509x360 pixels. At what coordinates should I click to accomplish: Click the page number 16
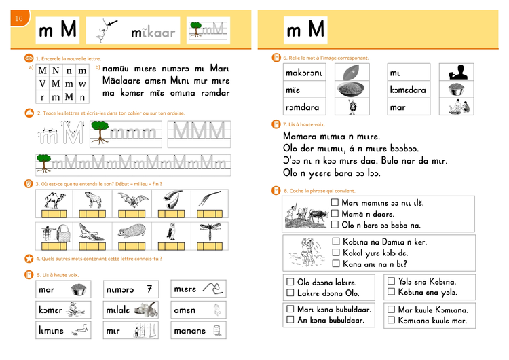18,18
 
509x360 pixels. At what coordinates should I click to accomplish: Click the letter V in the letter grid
43,83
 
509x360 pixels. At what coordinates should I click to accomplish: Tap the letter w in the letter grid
82,83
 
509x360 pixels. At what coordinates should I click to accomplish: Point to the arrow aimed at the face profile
110,24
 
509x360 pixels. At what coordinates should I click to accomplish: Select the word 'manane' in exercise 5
189,331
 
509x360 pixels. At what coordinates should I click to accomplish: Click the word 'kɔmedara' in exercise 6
408,90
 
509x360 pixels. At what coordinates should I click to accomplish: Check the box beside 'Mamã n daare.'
335,213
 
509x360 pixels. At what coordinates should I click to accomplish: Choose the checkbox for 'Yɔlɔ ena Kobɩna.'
392,281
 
